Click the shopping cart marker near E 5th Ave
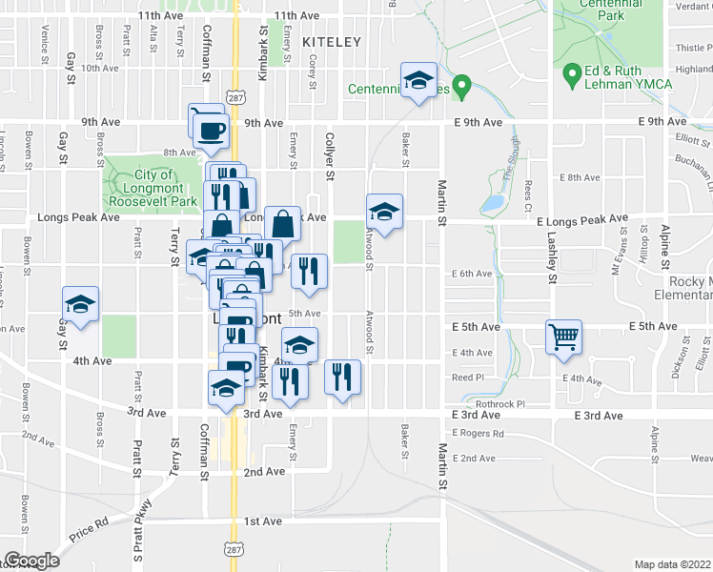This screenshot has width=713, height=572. tap(563, 337)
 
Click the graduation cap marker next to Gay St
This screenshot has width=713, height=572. tap(81, 305)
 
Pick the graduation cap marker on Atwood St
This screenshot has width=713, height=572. tap(384, 212)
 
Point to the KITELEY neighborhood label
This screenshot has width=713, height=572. tap(332, 43)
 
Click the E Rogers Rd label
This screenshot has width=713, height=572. tap(479, 434)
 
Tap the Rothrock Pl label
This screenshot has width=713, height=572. tap(501, 404)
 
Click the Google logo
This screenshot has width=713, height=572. tap(31, 561)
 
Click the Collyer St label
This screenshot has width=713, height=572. tap(331, 155)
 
